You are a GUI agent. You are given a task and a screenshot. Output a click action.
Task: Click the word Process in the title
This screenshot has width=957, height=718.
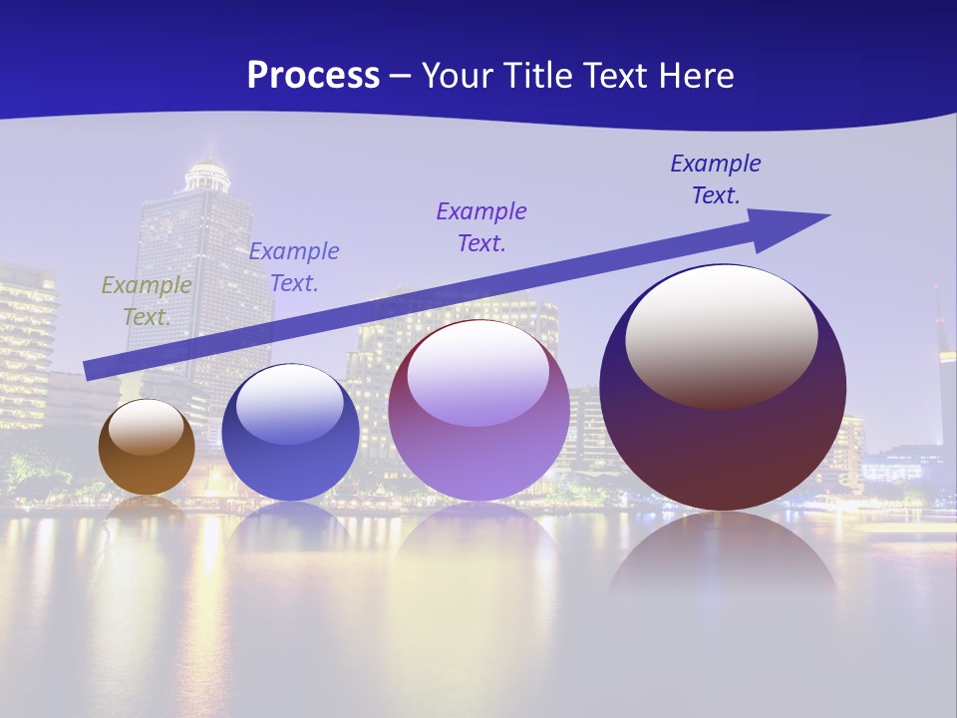pos(313,76)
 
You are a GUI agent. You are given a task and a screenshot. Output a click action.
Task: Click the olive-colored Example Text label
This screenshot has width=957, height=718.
pos(147,300)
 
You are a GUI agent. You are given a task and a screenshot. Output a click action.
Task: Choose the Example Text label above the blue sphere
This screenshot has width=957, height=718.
pos(294,266)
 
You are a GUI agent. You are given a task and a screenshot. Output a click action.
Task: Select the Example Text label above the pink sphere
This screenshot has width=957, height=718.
pos(481,226)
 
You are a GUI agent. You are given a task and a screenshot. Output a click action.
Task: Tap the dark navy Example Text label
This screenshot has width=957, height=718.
pos(716,179)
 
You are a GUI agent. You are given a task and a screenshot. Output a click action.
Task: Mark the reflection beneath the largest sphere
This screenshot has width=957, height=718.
pos(723,558)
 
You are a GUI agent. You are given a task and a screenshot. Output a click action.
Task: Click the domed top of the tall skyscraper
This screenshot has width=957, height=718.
pos(208,176)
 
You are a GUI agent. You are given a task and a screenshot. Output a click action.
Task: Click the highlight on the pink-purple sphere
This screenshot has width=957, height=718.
pos(478,375)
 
